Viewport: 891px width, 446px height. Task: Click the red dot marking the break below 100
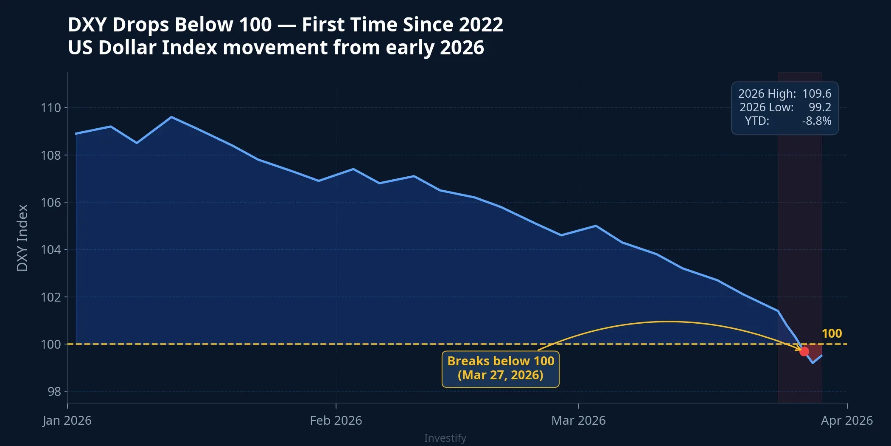[x=804, y=351]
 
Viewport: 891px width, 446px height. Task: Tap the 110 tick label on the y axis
[x=51, y=108]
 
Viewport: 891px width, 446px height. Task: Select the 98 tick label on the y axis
[x=54, y=391]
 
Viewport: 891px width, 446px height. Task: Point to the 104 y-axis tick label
[x=51, y=249]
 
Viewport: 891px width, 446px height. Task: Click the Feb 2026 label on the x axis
[x=336, y=421]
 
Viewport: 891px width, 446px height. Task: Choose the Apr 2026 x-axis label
[x=846, y=421]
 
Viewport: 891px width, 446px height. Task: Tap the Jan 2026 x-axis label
[x=67, y=421]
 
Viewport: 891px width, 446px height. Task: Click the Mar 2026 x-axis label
[x=578, y=421]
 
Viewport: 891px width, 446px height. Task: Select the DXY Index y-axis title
[x=22, y=238]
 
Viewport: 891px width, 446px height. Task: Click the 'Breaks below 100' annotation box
[x=501, y=368]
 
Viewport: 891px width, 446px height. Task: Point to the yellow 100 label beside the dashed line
[x=832, y=333]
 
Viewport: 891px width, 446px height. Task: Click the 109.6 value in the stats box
[x=817, y=94]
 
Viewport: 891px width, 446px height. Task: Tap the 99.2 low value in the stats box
[x=820, y=107]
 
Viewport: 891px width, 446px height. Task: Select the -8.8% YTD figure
[x=817, y=121]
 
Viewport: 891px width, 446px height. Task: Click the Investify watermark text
[x=445, y=438]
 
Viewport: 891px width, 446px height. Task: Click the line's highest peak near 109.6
[x=171, y=117]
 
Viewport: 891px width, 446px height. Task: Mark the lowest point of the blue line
[x=813, y=363]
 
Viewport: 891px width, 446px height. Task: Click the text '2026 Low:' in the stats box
[x=766, y=107]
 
